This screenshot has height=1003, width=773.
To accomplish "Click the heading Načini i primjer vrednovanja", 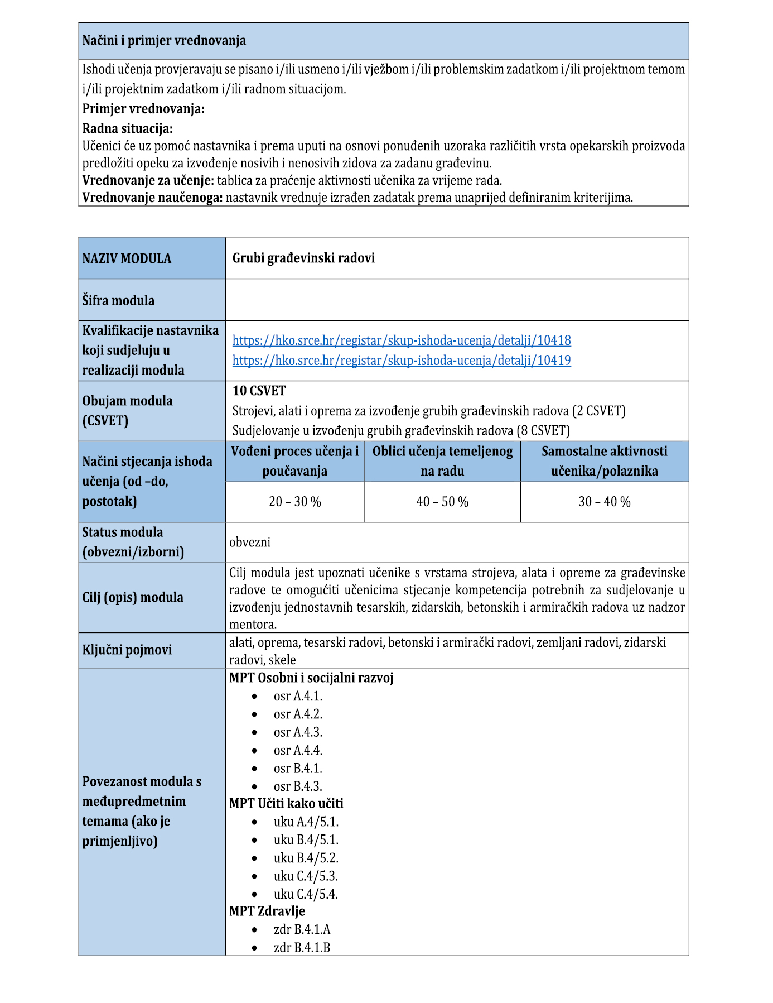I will pos(164,41).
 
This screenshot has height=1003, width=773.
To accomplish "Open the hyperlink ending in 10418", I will pos(402,340).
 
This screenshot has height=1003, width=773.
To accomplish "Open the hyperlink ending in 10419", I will pos(402,361).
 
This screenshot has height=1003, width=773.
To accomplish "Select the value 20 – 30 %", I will pos(295,502).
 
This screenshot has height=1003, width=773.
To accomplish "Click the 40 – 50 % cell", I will pos(442,502).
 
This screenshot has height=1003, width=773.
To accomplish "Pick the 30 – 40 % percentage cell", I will pos(605,502).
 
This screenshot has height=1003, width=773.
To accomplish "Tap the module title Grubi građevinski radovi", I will pos(303,258).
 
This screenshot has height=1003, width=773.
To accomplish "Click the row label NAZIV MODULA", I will pos(127,258).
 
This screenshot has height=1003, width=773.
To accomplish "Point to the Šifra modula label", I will pos(118,300).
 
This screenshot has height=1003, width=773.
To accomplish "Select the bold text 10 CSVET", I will pos(259,391).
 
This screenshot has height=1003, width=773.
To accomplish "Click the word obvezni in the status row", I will pos(250,542).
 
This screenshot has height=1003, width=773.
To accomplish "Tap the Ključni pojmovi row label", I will pos(127,650).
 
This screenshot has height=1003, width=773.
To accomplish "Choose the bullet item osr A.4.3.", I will pos(298,732).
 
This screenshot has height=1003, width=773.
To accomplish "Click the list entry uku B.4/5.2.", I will pos(306,857).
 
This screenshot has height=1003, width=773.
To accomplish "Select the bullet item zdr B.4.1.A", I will pos(302,929).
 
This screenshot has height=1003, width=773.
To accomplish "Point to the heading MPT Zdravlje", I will pos(267,911).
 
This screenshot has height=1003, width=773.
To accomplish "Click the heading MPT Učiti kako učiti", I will pos(286,803).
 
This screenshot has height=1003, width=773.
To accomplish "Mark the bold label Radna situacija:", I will pos(127,128).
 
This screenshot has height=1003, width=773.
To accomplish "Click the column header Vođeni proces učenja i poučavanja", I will pos(295,461).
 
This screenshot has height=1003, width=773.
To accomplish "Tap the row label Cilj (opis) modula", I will pos(133,597).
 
